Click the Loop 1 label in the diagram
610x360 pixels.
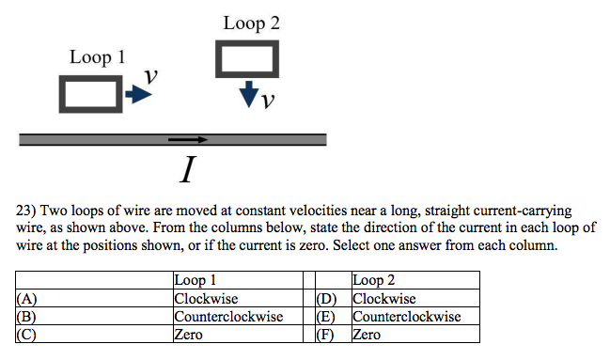coord(97,58)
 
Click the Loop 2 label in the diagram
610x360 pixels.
coord(251,23)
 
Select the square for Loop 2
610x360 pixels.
coord(248,59)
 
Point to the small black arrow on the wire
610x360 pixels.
coord(188,140)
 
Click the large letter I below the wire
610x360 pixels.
coord(188,170)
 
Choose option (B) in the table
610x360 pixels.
coord(26,317)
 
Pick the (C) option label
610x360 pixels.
coord(26,334)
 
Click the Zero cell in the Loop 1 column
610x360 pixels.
coord(190,334)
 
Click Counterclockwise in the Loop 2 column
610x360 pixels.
coord(406,317)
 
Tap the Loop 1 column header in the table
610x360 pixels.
coord(196,280)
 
